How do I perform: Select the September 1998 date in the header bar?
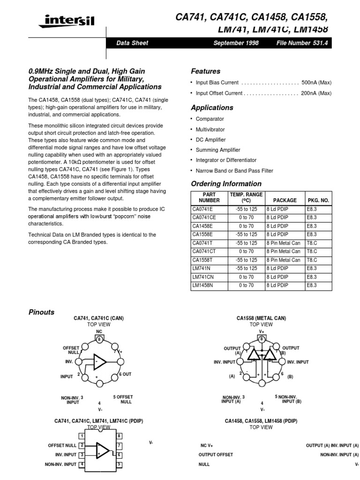pos(236,43)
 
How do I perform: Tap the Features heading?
pos(205,71)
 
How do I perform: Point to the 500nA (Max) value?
pos(316,82)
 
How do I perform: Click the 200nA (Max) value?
pos(316,93)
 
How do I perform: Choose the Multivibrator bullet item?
pos(210,129)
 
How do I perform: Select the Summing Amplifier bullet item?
pos(218,150)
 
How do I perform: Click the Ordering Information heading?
pos(226,184)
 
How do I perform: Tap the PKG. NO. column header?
pos(318,200)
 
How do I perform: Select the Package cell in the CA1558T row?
pos(283,260)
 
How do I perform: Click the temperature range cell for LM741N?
pos(246,268)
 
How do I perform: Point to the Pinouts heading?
pos(41,312)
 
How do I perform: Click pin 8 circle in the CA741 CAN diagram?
pos(99,339)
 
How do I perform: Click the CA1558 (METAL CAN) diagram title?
pos(261,318)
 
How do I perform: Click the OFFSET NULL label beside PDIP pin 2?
pos(62,445)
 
